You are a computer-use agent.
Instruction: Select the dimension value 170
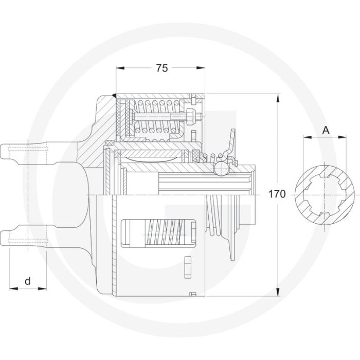click(x=277, y=194)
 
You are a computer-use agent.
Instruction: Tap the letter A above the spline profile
click(x=325, y=130)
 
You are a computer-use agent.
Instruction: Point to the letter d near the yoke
click(x=28, y=281)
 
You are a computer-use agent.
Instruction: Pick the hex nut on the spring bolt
click(x=191, y=118)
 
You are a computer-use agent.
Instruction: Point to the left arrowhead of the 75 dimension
click(x=119, y=68)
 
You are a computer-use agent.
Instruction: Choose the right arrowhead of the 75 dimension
click(x=204, y=68)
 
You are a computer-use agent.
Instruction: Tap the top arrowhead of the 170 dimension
click(x=278, y=97)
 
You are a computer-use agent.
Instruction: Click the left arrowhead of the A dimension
click(x=305, y=137)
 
